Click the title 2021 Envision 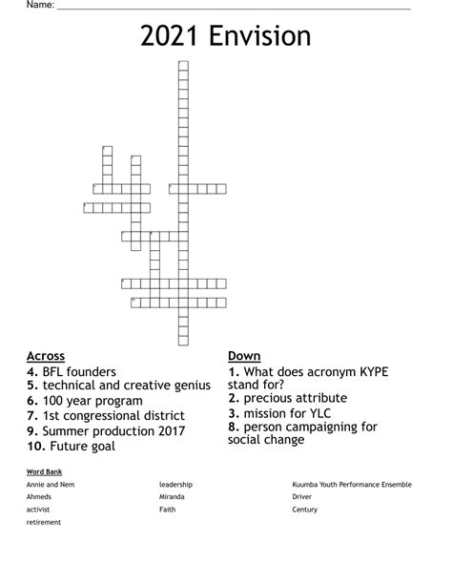pos(226,37)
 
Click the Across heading pos(47,356)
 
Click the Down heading pos(244,356)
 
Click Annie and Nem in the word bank pos(51,485)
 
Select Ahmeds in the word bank pos(39,497)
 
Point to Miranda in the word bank pos(174,497)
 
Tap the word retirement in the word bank pos(44,522)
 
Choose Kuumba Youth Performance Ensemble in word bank pos(352,485)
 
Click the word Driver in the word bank pos(302,497)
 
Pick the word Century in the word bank pos(305,510)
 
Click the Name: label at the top pos(13,5)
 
